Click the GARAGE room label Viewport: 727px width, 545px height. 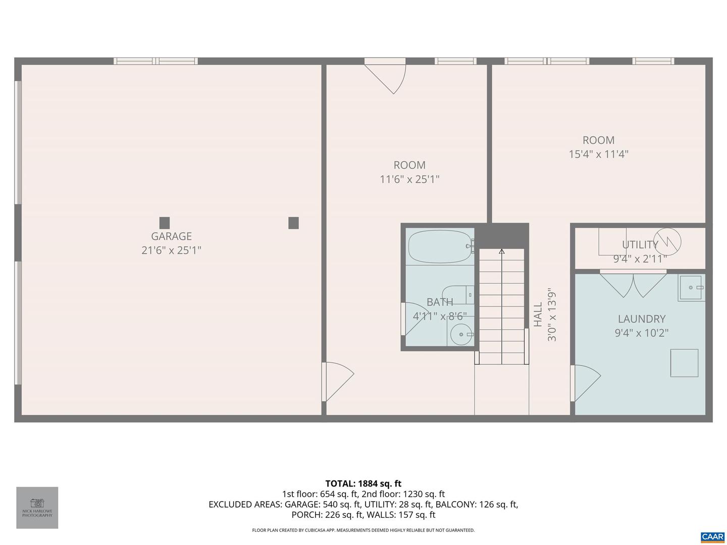click(x=171, y=236)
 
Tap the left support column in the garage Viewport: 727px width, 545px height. click(x=164, y=223)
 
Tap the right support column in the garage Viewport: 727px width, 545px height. click(x=293, y=223)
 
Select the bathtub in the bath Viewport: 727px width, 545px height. click(x=439, y=247)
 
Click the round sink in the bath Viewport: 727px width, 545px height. click(x=460, y=334)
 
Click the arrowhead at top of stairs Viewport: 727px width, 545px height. click(x=501, y=251)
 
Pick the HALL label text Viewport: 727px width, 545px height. click(x=538, y=314)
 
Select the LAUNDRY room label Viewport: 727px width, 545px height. click(x=642, y=319)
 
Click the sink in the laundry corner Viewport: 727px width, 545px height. click(x=690, y=288)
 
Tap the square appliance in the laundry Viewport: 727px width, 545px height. click(x=684, y=363)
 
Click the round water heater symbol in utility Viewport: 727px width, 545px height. click(x=667, y=242)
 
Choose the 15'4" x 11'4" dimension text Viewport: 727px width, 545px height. click(x=598, y=154)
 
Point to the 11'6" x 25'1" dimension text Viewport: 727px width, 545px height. click(x=409, y=179)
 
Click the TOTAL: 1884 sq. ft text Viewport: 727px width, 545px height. click(x=363, y=483)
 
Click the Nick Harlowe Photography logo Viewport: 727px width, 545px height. click(x=37, y=507)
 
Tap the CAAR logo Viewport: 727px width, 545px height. click(x=712, y=536)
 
